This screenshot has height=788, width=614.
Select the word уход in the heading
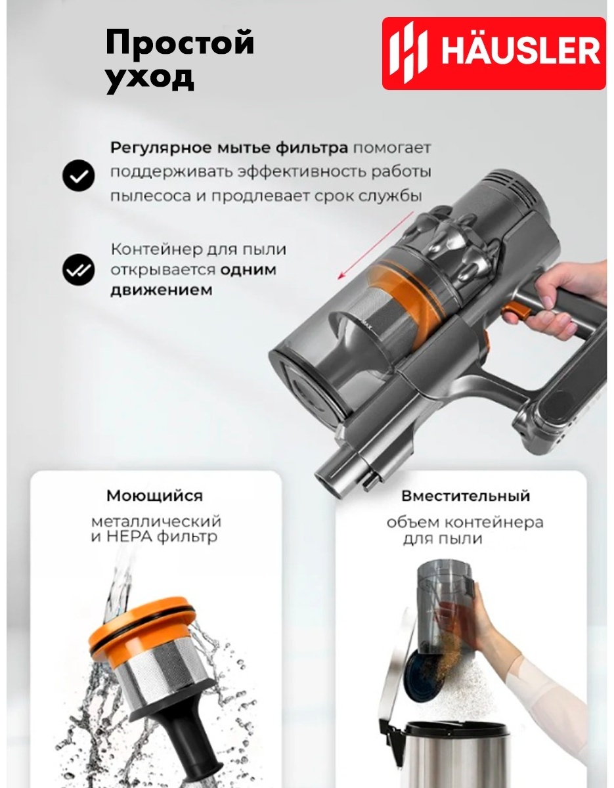point(150,77)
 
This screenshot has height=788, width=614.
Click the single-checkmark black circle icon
point(78,175)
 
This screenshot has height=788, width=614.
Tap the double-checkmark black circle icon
point(78,270)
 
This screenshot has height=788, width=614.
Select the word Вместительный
point(466,496)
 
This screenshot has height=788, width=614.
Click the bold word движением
point(162,290)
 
